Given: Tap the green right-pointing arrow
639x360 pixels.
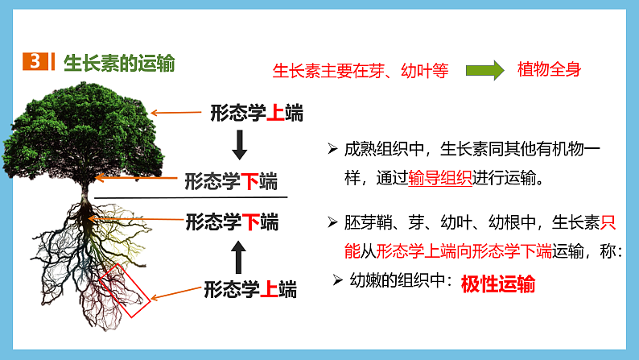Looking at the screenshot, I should (x=485, y=70).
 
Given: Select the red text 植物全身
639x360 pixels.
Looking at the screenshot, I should (x=549, y=70).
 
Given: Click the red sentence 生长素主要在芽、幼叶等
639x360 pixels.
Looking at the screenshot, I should (x=361, y=71).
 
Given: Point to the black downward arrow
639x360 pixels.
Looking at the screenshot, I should (x=238, y=144).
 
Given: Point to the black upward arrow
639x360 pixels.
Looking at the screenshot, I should (x=238, y=255).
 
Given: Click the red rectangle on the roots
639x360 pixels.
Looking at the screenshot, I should (x=126, y=291).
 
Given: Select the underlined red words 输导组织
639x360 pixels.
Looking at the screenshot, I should (x=440, y=179).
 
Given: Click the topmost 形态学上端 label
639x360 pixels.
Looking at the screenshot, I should (x=257, y=113).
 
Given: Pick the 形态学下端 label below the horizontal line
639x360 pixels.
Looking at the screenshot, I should (x=232, y=221).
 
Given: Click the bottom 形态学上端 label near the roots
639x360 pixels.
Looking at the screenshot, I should (x=249, y=288).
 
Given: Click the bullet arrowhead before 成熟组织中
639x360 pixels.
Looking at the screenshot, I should (x=332, y=149).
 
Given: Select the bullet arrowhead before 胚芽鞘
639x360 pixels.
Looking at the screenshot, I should (x=332, y=221).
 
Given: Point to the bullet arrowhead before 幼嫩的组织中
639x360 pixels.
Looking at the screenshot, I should (x=338, y=279).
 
